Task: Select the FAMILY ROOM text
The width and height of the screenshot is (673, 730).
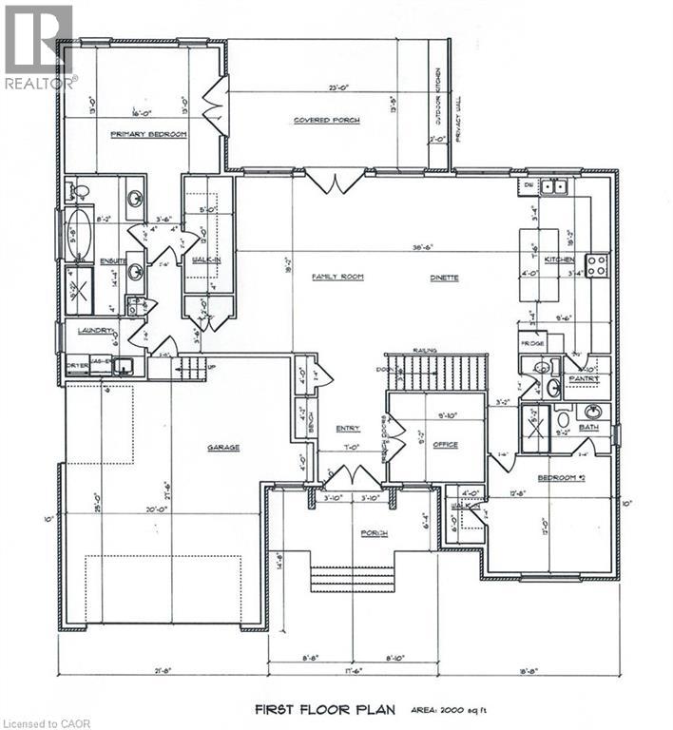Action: [x=332, y=277]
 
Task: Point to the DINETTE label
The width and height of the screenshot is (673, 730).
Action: [x=443, y=278]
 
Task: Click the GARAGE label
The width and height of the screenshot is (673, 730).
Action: [x=225, y=447]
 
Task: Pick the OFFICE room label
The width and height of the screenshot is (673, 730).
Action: [x=444, y=444]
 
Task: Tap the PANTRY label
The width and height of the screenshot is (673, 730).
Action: [x=580, y=377]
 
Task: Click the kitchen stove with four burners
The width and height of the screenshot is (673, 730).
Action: [x=597, y=265]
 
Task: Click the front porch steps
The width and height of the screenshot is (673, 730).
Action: [x=352, y=579]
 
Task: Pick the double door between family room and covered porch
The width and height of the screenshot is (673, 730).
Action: [x=336, y=178]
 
